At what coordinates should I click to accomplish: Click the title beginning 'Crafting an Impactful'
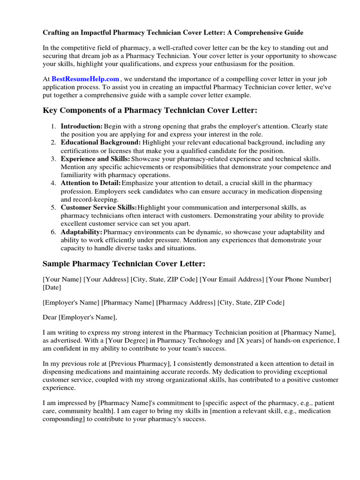[173, 32]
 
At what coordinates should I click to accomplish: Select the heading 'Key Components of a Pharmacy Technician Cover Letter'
[150, 111]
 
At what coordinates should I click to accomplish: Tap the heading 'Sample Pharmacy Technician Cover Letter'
[124, 263]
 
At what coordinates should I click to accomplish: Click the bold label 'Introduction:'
[82, 127]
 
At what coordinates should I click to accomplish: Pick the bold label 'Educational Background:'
[100, 142]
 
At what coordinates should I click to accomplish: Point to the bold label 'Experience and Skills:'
[96, 159]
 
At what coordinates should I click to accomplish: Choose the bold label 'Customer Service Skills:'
[99, 207]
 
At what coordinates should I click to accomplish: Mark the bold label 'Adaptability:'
[81, 232]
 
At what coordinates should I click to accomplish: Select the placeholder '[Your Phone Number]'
[299, 279]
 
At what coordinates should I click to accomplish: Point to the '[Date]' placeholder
[52, 287]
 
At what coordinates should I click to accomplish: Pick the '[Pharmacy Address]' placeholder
[186, 302]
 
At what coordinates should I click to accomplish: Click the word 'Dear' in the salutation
[50, 317]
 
